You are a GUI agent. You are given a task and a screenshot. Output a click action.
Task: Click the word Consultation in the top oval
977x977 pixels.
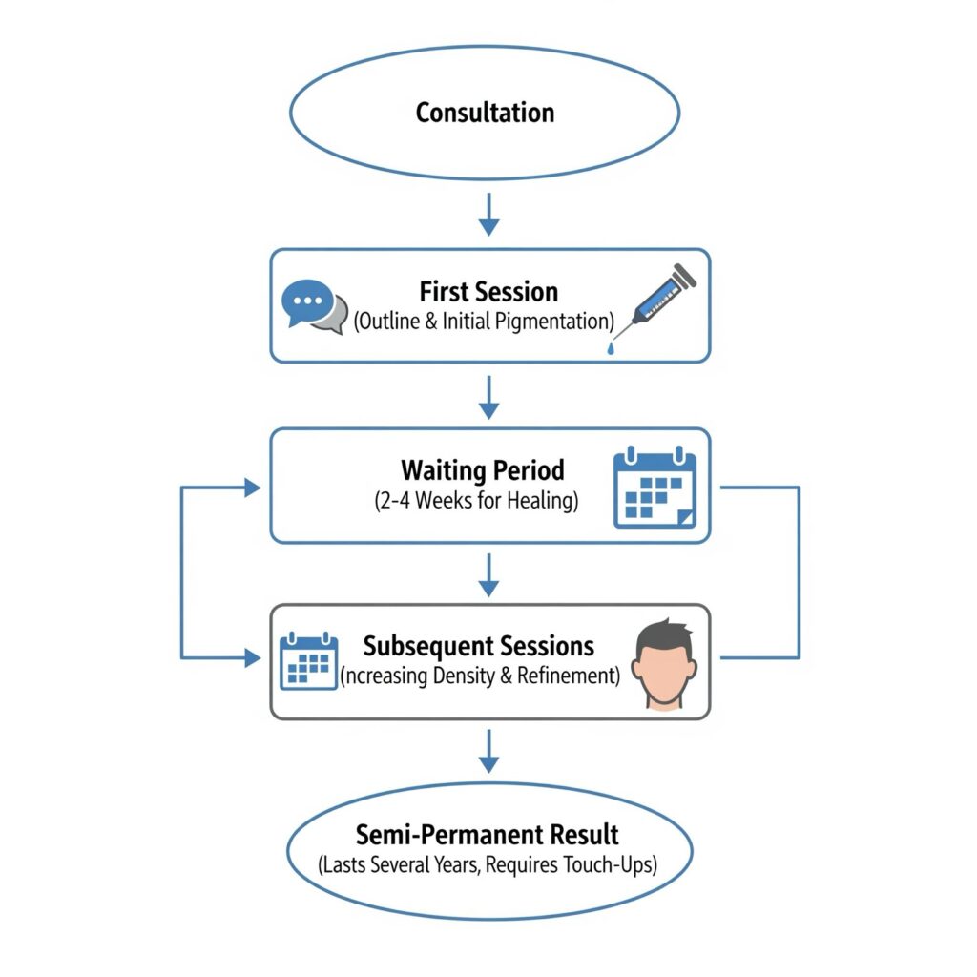coord(485,113)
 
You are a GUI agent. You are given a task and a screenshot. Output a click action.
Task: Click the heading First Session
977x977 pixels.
coord(488,291)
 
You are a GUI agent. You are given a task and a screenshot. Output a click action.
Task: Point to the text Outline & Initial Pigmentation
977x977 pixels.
coord(484,322)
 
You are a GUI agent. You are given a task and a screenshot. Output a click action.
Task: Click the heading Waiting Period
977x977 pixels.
coord(483,470)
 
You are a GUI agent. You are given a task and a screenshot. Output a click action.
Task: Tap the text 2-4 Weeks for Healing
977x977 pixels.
coord(477,501)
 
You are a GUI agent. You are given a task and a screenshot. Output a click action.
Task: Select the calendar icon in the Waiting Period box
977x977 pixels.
coord(655,487)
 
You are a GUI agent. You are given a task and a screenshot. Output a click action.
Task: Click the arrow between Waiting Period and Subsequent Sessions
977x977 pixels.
coord(488,574)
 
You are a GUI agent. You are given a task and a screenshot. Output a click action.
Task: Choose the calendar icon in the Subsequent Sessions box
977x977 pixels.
coord(309,659)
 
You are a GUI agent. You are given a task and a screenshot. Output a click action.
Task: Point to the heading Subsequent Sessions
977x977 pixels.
coord(479,646)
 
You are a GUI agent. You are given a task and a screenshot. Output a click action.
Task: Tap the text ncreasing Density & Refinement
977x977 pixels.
coord(480,676)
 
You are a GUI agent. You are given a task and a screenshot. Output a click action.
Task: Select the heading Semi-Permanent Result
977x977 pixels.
coord(488,835)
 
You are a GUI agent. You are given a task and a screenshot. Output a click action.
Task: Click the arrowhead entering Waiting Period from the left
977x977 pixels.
coord(253,488)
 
